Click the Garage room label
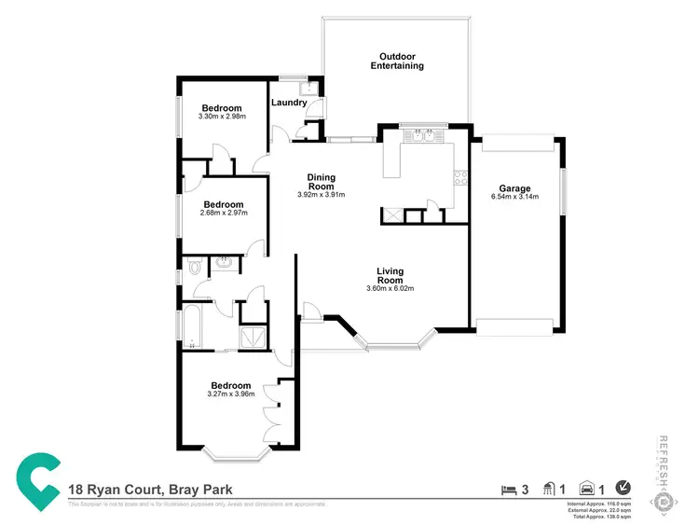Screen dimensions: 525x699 (514, 187)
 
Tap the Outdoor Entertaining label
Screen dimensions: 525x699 (397, 61)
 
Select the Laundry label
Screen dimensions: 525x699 (288, 103)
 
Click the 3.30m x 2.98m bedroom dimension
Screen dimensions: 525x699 (223, 117)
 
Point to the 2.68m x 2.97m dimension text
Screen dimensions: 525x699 (224, 214)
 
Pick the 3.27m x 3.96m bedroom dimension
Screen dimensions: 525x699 (230, 394)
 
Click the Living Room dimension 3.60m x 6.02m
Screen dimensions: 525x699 (390, 288)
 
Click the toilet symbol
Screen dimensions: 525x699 (193, 268)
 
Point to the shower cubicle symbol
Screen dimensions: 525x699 (253, 336)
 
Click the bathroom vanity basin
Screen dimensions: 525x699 (224, 264)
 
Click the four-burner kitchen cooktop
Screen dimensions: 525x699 (459, 178)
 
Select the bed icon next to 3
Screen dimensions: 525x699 (508, 489)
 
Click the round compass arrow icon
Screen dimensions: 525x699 (624, 488)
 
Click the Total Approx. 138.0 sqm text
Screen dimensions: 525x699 (600, 516)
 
